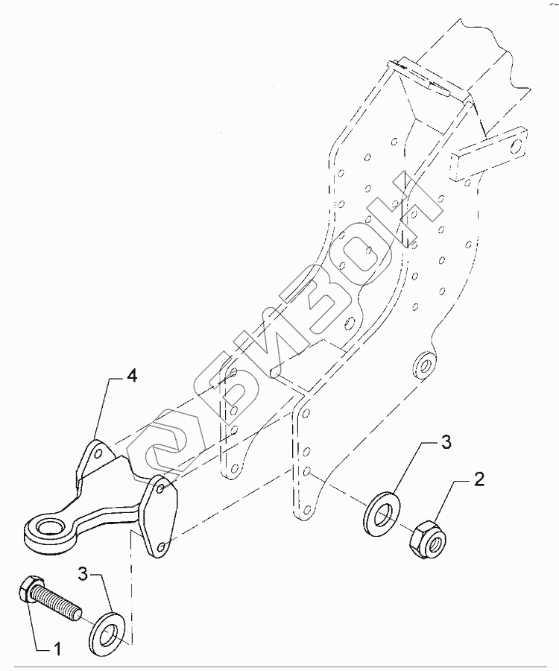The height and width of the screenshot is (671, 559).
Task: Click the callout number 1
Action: [x=57, y=649]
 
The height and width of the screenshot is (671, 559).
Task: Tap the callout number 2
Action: [x=479, y=479]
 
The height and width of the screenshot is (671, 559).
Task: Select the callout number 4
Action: [x=131, y=377]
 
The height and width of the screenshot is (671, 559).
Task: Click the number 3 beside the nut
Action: [x=446, y=443]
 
